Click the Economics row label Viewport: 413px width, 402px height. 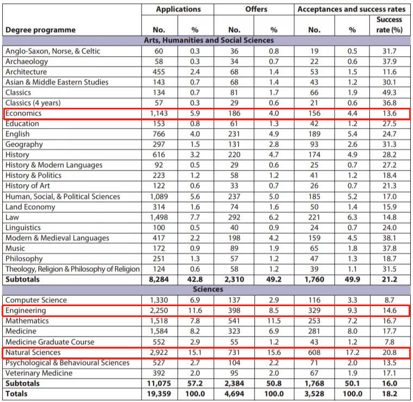(23, 113)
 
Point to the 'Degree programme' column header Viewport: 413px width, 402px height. (40, 29)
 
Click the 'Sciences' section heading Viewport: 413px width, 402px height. (208, 289)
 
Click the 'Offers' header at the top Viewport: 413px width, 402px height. (256, 9)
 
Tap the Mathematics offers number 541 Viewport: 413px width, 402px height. (234, 321)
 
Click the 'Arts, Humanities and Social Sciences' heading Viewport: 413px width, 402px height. (208, 40)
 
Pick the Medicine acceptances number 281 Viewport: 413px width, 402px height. (315, 331)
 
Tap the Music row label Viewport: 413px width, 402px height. (16, 248)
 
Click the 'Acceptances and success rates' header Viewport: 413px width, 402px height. (351, 9)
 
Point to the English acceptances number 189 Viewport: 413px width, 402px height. (315, 134)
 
